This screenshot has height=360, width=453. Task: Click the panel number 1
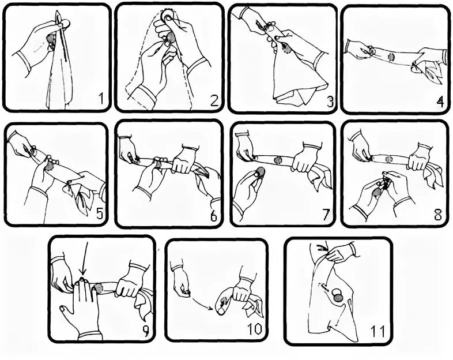101,98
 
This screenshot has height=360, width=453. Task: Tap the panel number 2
214,99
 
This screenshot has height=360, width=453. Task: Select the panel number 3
330,101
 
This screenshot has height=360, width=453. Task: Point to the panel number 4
440,102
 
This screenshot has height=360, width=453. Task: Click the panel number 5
99,214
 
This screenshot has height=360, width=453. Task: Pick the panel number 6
213,215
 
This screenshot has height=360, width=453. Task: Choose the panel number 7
326,215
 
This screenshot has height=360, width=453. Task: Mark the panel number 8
438,215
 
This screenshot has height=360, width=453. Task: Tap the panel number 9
146,331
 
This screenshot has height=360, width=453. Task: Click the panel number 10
254,329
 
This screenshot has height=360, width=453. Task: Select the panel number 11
377,331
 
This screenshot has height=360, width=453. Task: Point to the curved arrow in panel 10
201,302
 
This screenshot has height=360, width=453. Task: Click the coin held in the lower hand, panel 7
261,172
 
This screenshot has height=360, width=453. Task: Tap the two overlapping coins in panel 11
338,295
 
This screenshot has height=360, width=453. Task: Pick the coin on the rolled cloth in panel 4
391,57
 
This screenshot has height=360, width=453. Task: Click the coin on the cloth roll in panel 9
99,288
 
